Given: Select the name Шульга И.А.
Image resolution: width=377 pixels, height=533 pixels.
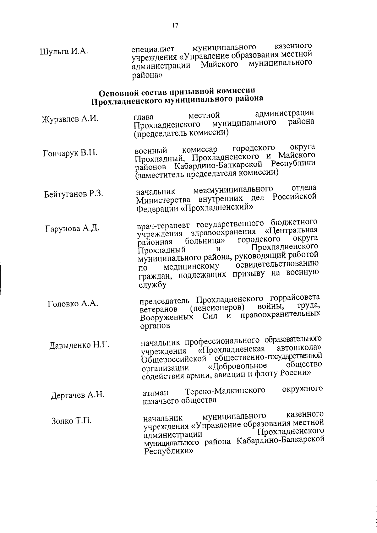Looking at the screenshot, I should (x=64, y=52).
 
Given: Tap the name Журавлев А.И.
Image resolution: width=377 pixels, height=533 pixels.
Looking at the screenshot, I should (x=70, y=119).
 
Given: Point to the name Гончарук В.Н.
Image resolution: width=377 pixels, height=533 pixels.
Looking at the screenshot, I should (x=70, y=153).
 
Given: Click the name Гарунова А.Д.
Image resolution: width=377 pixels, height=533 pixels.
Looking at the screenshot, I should (x=72, y=228).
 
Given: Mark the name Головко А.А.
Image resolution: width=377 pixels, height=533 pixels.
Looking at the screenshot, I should (x=73, y=304).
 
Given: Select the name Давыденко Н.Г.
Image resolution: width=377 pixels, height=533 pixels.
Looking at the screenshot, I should (x=79, y=345).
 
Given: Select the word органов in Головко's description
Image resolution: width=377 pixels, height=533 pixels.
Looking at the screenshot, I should (x=155, y=326).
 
